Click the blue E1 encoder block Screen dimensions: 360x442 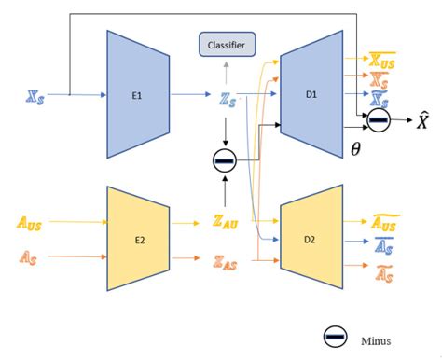[137, 94]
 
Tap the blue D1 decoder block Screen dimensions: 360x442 [312, 94]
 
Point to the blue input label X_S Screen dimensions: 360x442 [35, 95]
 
